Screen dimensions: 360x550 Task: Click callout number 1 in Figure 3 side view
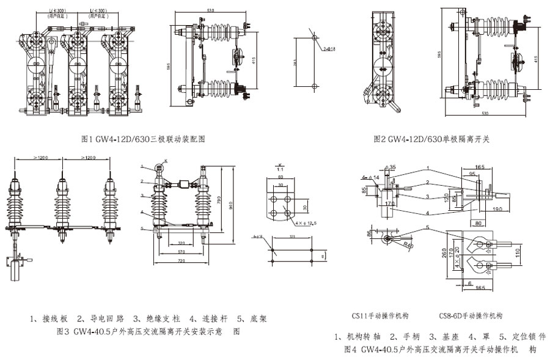pyautogui.click(x=141, y=166)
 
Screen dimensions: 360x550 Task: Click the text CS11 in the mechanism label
pyautogui.click(x=361, y=316)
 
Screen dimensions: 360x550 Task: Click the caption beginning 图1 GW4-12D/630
pyautogui.click(x=142, y=139)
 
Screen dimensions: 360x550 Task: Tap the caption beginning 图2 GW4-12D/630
pyautogui.click(x=432, y=139)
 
